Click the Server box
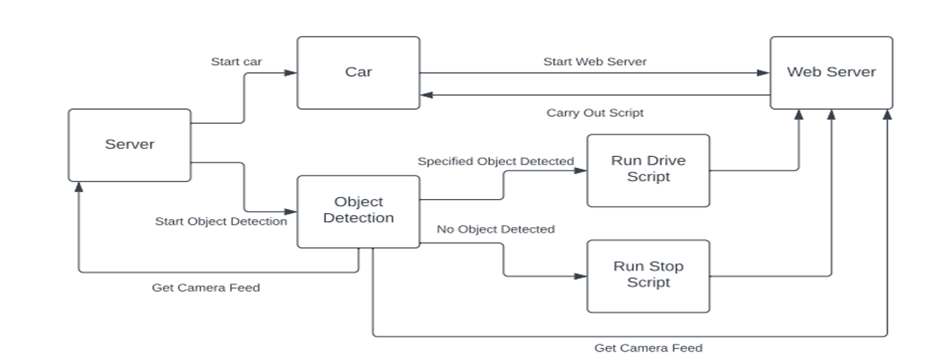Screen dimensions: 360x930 129,144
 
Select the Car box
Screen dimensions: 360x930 358,72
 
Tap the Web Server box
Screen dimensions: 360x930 831,72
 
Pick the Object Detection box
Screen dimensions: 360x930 358,210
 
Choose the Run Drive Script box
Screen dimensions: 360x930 648,169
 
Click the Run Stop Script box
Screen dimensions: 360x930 648,275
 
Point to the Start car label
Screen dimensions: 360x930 236,62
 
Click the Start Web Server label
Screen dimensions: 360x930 594,62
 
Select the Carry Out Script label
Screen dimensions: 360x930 594,113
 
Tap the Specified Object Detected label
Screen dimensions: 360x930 496,161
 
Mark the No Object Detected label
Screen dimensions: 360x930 495,229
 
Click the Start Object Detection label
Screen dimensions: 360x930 221,221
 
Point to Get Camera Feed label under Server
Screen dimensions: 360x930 205,288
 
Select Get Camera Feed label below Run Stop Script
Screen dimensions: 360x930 648,348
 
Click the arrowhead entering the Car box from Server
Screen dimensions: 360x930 291,73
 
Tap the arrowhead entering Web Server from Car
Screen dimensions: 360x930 764,73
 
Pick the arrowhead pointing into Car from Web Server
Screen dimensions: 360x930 427,95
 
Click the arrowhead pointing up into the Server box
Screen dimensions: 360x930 79,187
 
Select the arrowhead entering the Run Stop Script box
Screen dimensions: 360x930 580,276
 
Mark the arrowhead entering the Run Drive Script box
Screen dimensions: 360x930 580,171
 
